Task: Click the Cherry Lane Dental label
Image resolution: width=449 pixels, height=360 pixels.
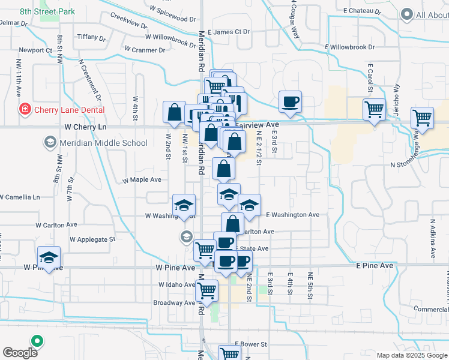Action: pos(69,110)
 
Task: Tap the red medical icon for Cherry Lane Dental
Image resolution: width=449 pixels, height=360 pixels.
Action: pos(25,110)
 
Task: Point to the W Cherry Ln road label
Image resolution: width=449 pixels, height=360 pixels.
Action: pos(85,127)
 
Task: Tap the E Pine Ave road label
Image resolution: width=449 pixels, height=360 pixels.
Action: pos(374,265)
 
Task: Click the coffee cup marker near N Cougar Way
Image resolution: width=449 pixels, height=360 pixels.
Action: pos(291,102)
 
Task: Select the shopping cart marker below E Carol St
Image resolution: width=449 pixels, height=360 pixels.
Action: pos(374,110)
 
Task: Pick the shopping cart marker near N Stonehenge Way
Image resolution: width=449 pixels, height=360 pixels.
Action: pos(422,118)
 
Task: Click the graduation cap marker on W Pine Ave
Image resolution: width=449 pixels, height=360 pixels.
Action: pos(49,257)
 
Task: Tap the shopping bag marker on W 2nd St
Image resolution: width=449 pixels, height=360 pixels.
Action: pos(174,112)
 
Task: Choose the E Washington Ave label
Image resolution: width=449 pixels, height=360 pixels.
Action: pos(292,214)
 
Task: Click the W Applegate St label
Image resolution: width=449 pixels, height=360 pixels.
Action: pos(92,239)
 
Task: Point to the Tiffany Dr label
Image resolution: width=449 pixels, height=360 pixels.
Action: pos(91,37)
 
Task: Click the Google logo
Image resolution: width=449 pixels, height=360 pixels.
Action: pos(20,353)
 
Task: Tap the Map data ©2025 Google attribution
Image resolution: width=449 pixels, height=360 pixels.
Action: pos(411,355)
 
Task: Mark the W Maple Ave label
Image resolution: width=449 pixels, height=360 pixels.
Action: pos(142,179)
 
